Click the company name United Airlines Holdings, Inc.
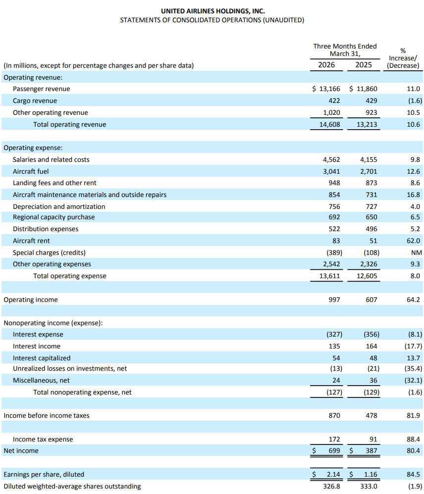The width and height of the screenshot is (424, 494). tap(212, 10)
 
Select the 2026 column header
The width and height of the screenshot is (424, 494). tap(326, 65)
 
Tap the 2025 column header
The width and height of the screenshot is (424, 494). tap(364, 65)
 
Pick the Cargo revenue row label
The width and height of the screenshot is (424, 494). tap(35, 101)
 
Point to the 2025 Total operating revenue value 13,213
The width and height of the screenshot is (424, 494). tap(367, 125)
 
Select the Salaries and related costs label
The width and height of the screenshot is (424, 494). tap(51, 159)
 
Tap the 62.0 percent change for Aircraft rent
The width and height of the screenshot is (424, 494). tap(413, 241)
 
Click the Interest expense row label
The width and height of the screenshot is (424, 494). tap(38, 335)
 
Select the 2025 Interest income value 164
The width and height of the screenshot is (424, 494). tap(371, 346)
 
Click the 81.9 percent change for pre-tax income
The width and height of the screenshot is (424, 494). tap(413, 416)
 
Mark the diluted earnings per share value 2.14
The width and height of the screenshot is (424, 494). tap(333, 475)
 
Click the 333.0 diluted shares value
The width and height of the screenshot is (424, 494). tap(369, 487)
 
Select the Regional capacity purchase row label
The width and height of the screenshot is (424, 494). tap(53, 217)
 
